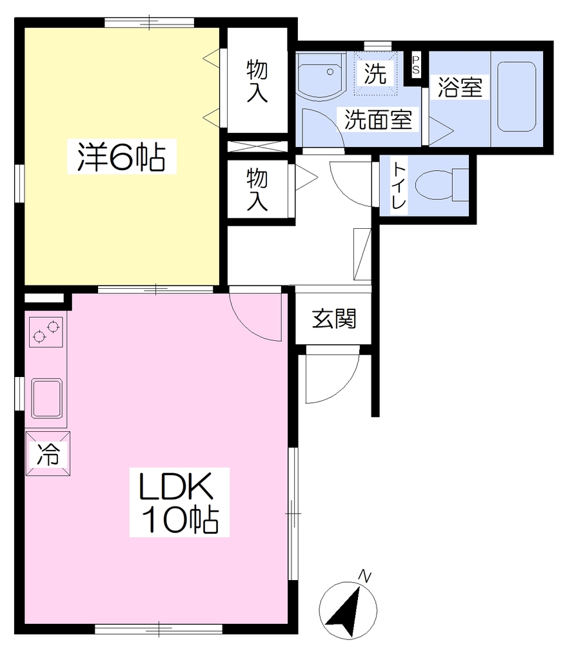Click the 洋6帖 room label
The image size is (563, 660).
click(122, 156)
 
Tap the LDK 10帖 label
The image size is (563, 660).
click(179, 502)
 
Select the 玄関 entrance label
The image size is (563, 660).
click(334, 318)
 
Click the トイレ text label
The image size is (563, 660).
click(398, 186)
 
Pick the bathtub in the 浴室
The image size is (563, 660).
click(517, 97)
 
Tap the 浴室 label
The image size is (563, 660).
click(460, 87)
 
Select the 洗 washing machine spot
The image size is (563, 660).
click(375, 73)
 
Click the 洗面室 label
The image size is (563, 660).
click(378, 119)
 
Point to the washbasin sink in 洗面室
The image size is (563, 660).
click(321, 76)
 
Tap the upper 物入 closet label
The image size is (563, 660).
click(257, 81)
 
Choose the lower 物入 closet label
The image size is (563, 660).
click(257, 189)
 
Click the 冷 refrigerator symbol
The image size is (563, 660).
click(48, 453)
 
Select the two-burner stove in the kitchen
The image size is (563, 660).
click(46, 332)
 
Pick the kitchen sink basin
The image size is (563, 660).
click(46, 398)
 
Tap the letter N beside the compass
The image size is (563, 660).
click(364, 576)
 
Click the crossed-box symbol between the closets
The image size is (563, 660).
click(257, 146)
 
